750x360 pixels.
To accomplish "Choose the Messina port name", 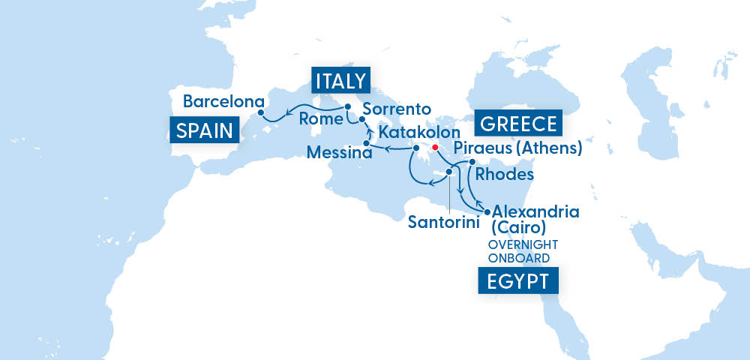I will (x=339, y=153).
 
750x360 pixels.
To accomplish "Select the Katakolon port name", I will (x=418, y=132).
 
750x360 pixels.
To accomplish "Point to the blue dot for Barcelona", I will (x=260, y=113).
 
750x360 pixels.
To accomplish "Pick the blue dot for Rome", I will (x=348, y=107).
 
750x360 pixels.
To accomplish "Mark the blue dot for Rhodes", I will (x=472, y=162).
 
